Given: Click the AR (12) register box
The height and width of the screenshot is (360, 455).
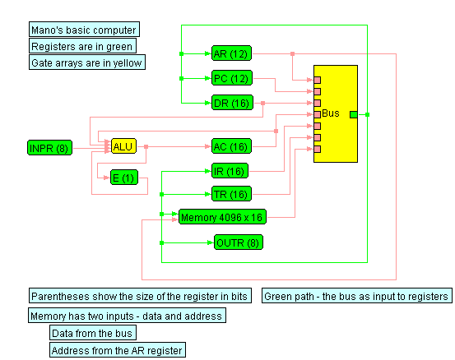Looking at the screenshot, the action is click(x=231, y=53).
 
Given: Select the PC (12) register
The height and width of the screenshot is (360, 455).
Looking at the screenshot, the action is click(x=232, y=78).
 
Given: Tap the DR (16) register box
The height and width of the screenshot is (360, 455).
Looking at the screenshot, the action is click(x=232, y=103).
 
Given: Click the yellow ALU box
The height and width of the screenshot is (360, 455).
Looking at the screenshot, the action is click(x=123, y=146).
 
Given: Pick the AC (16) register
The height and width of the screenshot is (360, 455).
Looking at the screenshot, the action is click(x=231, y=146).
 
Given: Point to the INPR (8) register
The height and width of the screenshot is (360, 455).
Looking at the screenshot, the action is click(x=49, y=148).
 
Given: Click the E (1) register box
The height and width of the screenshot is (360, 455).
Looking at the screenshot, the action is click(x=124, y=178).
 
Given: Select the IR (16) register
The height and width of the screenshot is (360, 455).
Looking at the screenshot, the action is click(x=230, y=171).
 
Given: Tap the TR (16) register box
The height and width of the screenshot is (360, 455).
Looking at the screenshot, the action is click(x=231, y=194).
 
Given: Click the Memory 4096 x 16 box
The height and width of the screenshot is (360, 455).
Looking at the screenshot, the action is click(x=222, y=217).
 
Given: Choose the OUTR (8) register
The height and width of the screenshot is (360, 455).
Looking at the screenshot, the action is click(x=239, y=242).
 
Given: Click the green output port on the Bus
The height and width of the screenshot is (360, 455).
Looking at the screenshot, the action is click(x=354, y=114).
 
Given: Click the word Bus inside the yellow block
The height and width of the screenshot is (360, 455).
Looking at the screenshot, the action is click(x=331, y=113).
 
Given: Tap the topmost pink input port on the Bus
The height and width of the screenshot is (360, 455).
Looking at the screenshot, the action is click(x=317, y=80).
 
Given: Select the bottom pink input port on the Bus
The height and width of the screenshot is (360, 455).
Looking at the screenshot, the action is click(x=317, y=149).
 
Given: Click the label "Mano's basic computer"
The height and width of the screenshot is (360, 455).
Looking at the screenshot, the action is click(x=84, y=30).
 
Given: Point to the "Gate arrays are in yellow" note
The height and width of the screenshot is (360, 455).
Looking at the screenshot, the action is click(x=87, y=62).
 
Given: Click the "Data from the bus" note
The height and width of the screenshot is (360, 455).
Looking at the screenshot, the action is click(x=93, y=333).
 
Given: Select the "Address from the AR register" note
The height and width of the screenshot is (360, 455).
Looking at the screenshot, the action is click(x=118, y=350).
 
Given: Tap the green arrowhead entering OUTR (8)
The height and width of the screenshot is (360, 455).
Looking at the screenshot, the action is click(x=211, y=242).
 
